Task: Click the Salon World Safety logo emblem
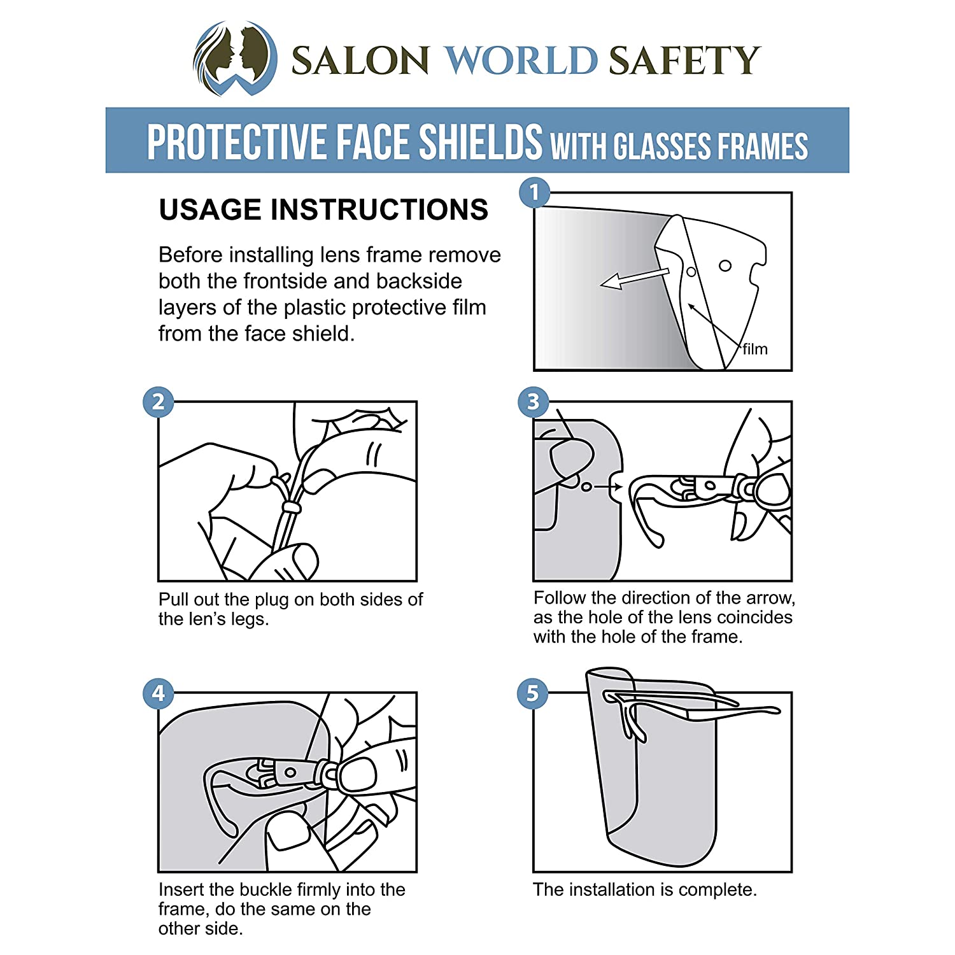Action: coord(235,58)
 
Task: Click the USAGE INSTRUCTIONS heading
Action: coord(323,209)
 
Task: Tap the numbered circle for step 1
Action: coord(534,192)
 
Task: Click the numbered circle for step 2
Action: coord(159,402)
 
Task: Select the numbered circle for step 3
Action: coord(534,402)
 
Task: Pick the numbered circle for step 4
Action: coord(159,693)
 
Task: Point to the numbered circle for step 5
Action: coord(533,693)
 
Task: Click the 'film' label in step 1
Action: coord(755,349)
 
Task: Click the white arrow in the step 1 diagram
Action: coord(635,278)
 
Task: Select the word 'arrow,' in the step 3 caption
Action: coord(770,598)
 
